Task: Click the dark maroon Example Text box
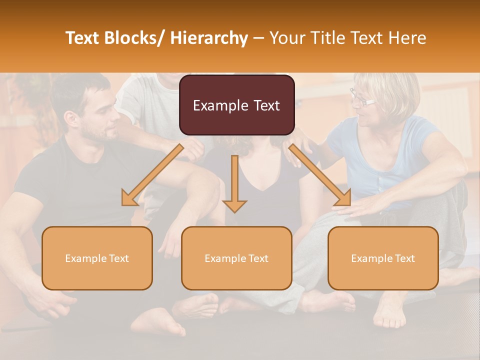(236, 105)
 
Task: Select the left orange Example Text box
(97, 258)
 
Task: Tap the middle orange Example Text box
(236, 258)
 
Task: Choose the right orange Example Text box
(383, 258)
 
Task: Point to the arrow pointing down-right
(320, 175)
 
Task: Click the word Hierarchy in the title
(208, 38)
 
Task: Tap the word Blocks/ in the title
(138, 38)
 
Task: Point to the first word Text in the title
(83, 38)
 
